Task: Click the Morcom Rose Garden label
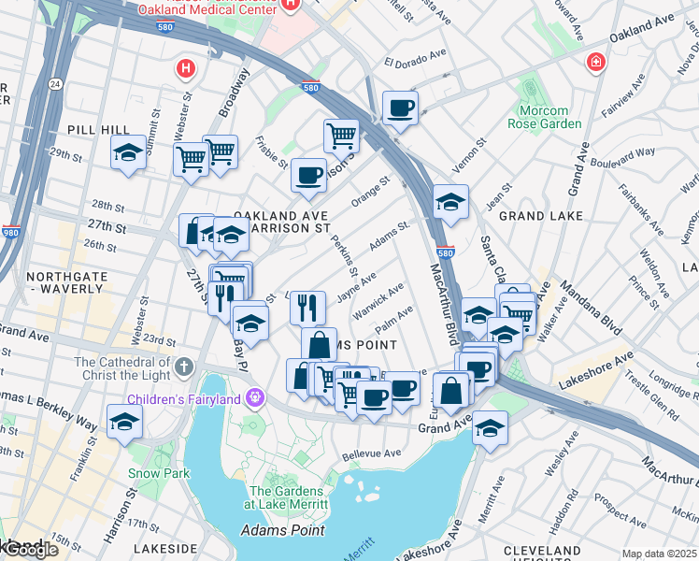[x=550, y=117]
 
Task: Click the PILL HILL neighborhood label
[x=90, y=129]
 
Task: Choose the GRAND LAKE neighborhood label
[x=542, y=215]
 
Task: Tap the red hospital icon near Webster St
[x=186, y=68]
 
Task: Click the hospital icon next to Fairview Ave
[x=593, y=63]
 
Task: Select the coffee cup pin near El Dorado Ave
[x=400, y=108]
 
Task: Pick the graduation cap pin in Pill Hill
[x=128, y=153]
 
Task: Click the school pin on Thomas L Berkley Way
[x=124, y=422]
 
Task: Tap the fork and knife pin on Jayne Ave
[x=307, y=306]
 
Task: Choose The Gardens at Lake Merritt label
[x=290, y=497]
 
